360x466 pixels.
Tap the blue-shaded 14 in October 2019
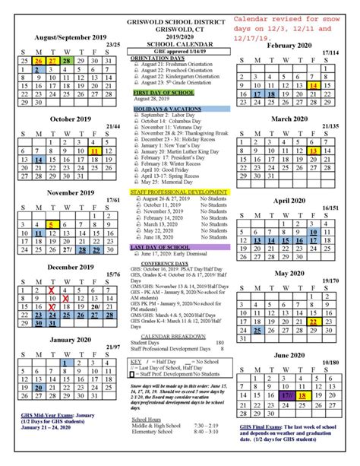[39, 140]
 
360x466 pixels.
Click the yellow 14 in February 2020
[313, 87]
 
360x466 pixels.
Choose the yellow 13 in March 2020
[313, 151]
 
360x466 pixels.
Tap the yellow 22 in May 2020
[313, 321]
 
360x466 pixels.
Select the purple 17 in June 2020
[286, 396]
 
